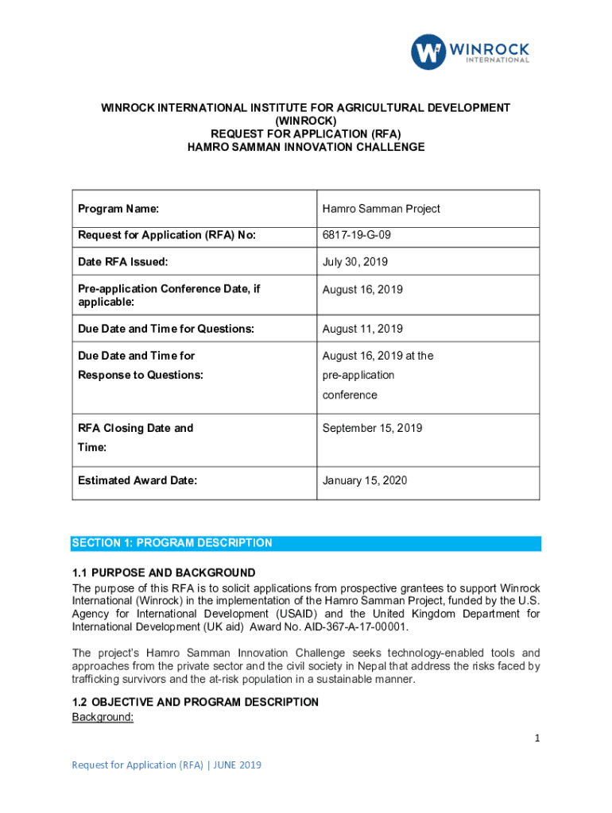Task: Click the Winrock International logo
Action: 470,52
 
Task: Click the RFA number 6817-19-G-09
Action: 355,235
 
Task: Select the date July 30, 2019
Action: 355,262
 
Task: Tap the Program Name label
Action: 118,209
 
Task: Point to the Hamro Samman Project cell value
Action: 381,209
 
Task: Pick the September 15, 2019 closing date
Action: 372,428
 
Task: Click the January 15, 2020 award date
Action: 364,480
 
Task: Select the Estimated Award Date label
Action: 138,480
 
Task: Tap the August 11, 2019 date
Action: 362,329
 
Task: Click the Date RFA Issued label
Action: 122,262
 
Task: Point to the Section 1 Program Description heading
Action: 172,543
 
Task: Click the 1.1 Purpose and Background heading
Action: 164,572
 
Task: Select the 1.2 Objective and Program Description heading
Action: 196,702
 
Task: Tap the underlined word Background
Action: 103,717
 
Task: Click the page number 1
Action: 537,738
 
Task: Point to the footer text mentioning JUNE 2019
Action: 166,765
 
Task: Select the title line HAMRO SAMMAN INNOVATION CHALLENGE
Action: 306,147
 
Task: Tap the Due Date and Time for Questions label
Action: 166,329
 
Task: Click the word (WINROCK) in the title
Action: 305,121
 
